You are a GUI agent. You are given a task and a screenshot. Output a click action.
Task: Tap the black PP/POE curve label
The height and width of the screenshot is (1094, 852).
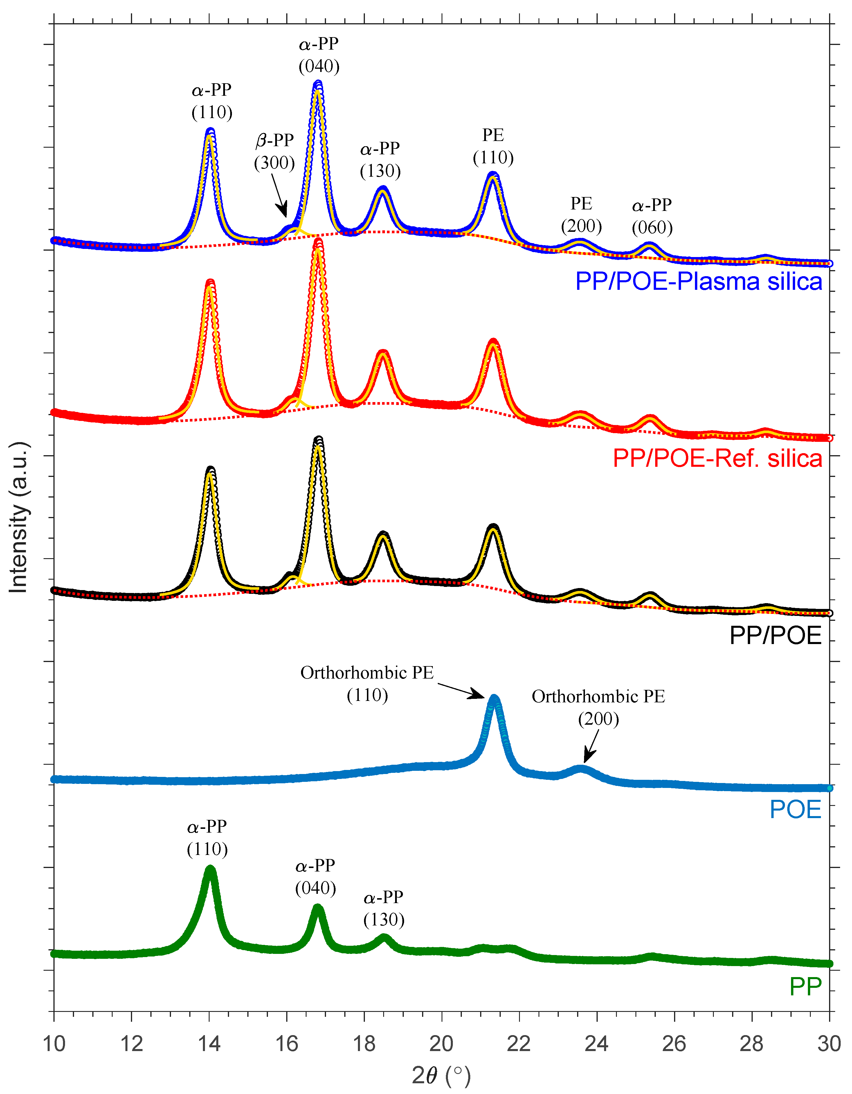(x=775, y=635)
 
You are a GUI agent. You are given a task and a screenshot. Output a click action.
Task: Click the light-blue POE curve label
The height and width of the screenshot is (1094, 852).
(x=795, y=809)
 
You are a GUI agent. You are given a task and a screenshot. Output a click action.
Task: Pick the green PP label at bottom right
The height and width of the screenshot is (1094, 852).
(x=805, y=986)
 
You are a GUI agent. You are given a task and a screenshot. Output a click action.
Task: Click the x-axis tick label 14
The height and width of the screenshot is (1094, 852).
(x=209, y=1044)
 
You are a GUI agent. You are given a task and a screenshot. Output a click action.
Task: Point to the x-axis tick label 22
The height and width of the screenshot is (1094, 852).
(x=519, y=1044)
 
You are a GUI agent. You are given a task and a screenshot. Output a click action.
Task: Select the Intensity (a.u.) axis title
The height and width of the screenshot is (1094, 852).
(x=19, y=518)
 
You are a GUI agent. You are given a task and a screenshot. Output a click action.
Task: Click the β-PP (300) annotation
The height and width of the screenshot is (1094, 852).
(x=274, y=151)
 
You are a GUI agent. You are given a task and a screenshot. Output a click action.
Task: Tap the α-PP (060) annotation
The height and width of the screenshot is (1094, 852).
(x=651, y=216)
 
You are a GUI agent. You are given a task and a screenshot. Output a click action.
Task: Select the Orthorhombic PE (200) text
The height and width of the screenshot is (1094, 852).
(x=598, y=707)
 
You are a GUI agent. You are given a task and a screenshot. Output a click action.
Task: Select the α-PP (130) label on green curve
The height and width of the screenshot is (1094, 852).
(x=383, y=908)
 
